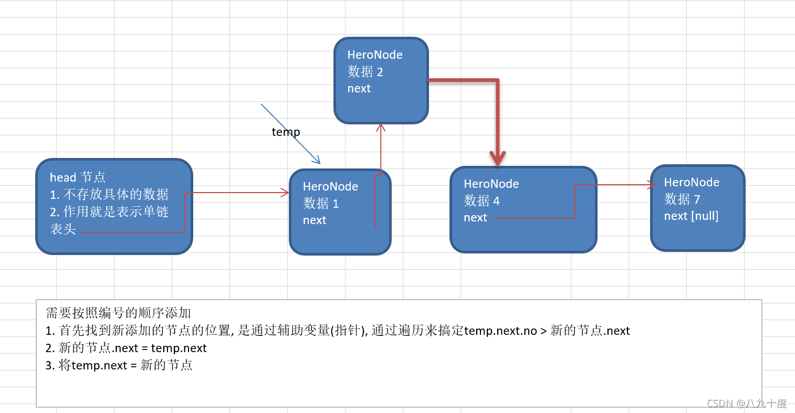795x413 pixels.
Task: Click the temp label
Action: (x=286, y=132)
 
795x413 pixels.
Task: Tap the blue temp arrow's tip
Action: (x=319, y=163)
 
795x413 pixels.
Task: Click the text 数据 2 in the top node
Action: (x=365, y=72)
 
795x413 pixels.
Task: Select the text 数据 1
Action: (x=321, y=204)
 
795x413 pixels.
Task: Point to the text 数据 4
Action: (x=482, y=201)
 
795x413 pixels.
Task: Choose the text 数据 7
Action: (x=682, y=199)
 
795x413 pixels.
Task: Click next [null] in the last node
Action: (x=691, y=216)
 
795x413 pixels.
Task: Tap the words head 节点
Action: (x=78, y=177)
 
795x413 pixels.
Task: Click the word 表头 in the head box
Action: (x=63, y=229)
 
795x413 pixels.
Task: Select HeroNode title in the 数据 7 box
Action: (x=692, y=183)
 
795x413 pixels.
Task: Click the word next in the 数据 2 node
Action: (x=359, y=89)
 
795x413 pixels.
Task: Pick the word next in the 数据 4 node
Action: (x=475, y=218)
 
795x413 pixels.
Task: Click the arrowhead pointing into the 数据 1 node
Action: (x=286, y=193)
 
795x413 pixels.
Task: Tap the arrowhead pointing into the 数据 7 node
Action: (x=652, y=185)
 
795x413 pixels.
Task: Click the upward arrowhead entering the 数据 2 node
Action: (x=381, y=128)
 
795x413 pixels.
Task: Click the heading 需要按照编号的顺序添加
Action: (x=118, y=313)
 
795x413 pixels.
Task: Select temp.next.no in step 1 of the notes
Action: (x=500, y=331)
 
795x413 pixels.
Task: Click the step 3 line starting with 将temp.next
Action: (x=119, y=365)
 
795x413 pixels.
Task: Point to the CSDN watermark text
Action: (x=746, y=404)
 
